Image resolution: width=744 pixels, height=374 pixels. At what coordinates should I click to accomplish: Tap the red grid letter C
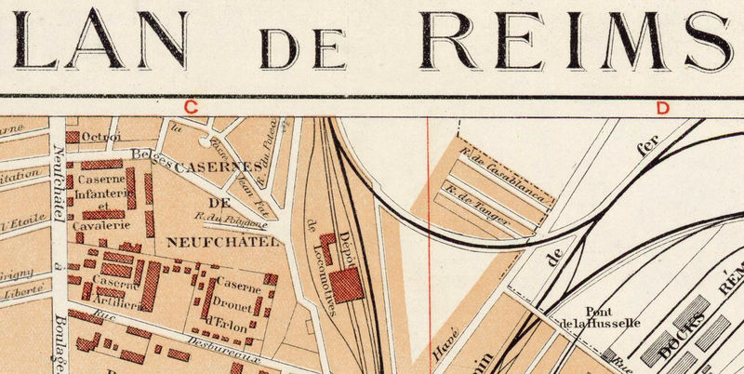click(192, 107)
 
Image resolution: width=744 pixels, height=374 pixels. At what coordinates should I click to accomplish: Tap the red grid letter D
click(662, 107)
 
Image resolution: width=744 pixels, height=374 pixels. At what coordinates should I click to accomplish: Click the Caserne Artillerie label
click(116, 291)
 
